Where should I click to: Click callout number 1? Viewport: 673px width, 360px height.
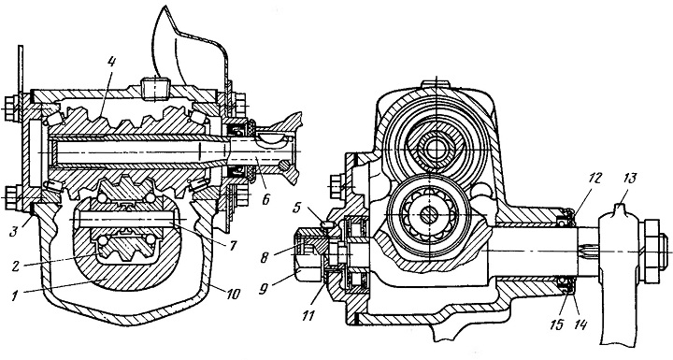(16, 296)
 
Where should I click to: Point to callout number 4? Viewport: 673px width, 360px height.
(110, 63)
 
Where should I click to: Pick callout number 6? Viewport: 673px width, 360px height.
(266, 200)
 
